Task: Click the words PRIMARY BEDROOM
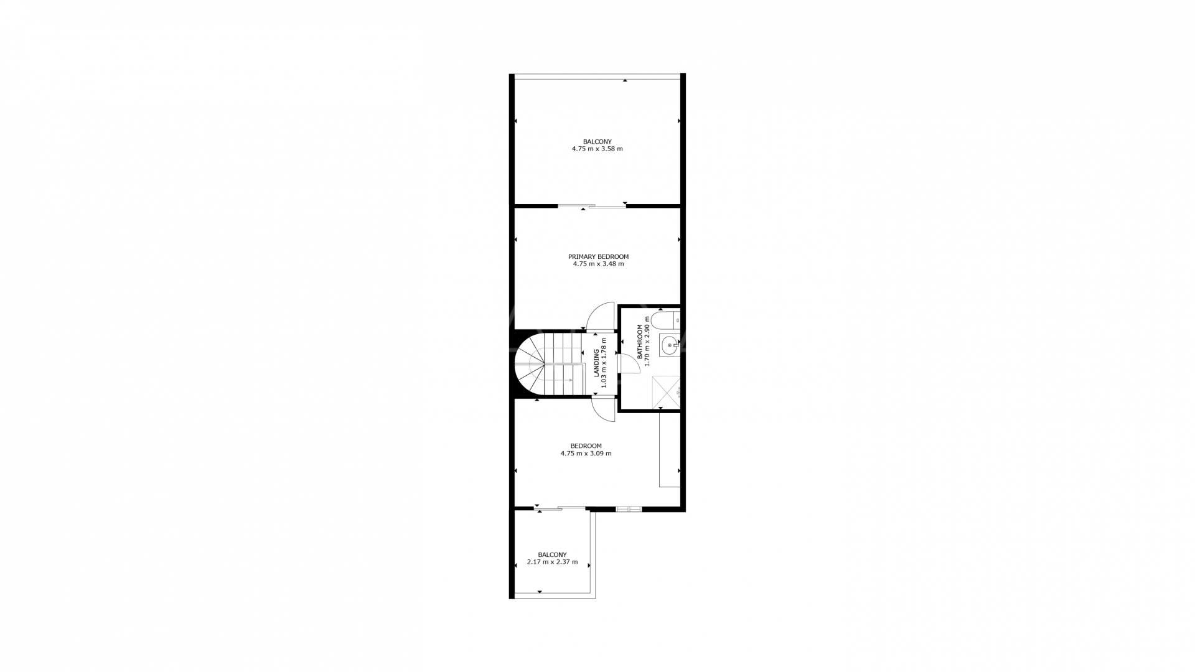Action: (598, 256)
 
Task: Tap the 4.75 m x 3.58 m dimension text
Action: (597, 149)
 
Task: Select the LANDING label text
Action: (596, 363)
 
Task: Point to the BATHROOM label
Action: (639, 342)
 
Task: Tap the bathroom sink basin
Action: (670, 345)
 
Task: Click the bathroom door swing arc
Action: (630, 363)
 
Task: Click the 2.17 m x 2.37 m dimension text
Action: (552, 562)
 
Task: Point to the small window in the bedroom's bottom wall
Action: (629, 509)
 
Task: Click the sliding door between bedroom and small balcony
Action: (560, 509)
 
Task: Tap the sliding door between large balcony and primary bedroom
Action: (592, 206)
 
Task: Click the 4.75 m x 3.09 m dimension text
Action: (586, 454)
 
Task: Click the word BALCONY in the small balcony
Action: (553, 554)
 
